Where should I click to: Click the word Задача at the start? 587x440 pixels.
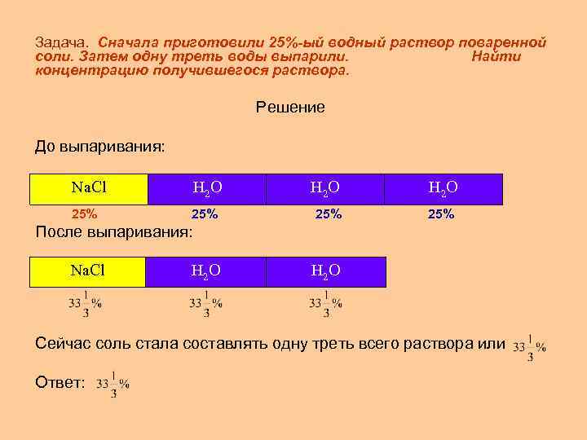(62, 42)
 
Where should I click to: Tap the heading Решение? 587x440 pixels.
(290, 107)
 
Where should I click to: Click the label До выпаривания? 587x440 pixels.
(99, 147)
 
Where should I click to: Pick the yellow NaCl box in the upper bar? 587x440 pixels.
(89, 188)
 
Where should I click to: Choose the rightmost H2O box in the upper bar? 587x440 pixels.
(444, 188)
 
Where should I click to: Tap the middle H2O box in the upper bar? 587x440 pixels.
(324, 188)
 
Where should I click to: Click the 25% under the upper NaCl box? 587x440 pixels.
(85, 215)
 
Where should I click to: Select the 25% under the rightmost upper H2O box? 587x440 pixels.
(441, 215)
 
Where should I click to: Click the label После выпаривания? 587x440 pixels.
(114, 231)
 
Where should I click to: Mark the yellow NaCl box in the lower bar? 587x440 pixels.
(88, 271)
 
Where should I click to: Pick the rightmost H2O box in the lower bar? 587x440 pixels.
(324, 271)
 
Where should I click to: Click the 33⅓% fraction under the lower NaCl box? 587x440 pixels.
(85, 302)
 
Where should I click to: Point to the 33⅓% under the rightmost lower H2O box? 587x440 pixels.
(324, 302)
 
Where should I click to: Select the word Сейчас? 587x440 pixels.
(64, 344)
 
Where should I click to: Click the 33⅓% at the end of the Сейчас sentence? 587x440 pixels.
(530, 347)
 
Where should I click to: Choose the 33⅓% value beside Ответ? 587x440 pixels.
(113, 384)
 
